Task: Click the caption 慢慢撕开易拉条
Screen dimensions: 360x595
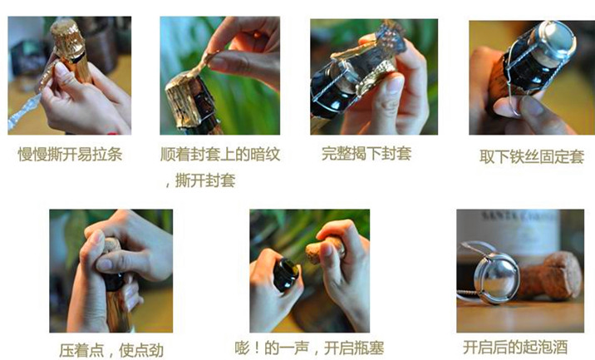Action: pos(70,154)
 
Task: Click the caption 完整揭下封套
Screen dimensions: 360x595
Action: pos(366,153)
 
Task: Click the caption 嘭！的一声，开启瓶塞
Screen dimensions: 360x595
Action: pos(310,348)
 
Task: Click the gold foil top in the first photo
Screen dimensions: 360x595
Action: pos(67,37)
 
